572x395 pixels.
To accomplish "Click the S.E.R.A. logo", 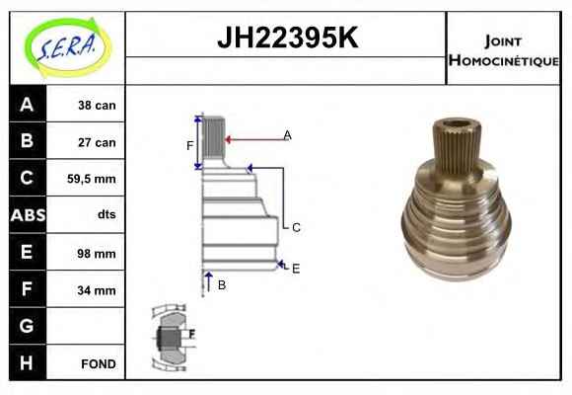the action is [68, 47].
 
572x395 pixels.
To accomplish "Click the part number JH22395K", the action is [288, 38].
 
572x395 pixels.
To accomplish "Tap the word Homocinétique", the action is [503, 60].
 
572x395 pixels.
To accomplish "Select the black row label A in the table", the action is [27, 104].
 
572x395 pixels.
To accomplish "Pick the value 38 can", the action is [97, 106].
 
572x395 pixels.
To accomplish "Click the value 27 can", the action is [97, 142].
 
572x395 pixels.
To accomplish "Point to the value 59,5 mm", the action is [91, 179].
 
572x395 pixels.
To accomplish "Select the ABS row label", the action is [28, 215].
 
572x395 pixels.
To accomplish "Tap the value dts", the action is [107, 214].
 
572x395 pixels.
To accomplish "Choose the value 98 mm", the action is [97, 253].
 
